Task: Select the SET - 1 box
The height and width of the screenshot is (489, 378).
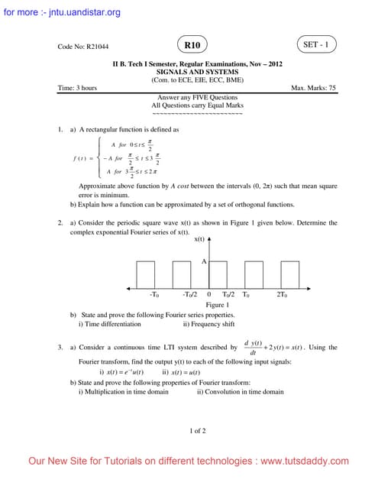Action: coord(316,45)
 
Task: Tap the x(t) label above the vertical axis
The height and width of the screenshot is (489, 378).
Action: coord(199,240)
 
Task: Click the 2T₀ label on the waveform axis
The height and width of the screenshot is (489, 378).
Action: coord(282,294)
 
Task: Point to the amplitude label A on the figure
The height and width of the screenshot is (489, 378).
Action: coord(204,262)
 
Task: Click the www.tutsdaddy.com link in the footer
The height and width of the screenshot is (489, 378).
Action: coord(305,461)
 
